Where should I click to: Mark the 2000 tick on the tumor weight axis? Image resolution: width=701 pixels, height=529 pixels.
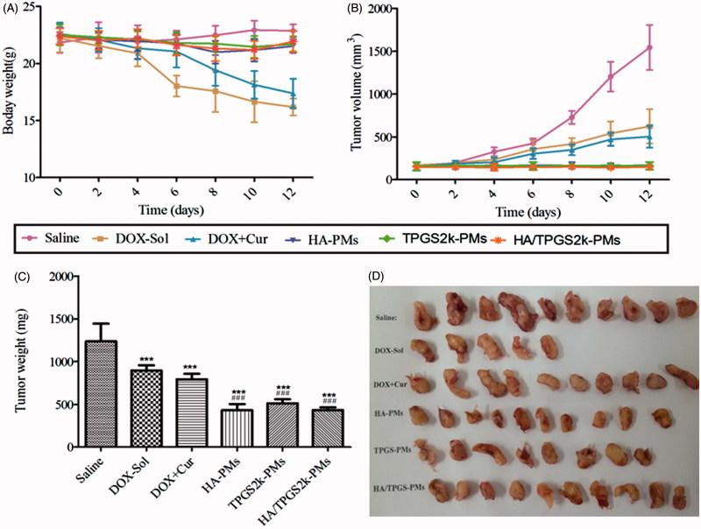click(62, 277)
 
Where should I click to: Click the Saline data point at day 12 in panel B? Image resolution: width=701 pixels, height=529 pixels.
click(650, 46)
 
